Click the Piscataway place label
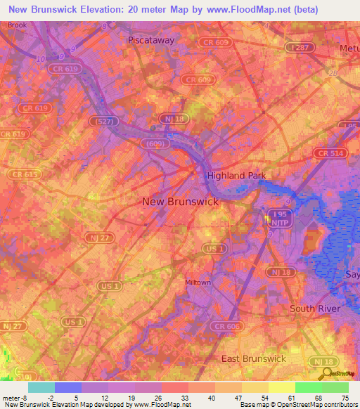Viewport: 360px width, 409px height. (x=150, y=40)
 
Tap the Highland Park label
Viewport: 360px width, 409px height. (x=233, y=175)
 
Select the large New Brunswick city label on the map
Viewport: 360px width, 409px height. (x=181, y=201)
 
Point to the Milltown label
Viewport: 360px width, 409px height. (x=198, y=283)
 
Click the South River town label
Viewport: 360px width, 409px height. (x=316, y=309)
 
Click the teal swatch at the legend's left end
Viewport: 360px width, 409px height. (x=41, y=387)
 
